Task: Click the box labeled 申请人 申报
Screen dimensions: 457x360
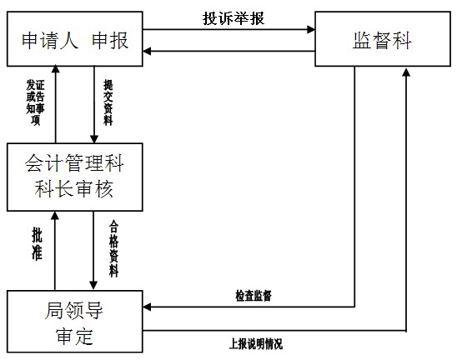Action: pos(75,38)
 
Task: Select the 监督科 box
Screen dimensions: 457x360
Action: pos(383,38)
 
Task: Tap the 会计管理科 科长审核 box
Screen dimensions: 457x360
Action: pos(75,177)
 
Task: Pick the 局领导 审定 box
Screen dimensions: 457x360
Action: pos(75,322)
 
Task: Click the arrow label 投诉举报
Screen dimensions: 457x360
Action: pos(234,18)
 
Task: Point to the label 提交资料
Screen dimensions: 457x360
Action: pos(108,102)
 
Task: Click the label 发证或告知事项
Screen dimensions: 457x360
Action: pos(35,102)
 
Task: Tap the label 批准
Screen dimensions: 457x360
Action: pos(37,244)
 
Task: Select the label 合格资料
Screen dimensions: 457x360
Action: pos(113,248)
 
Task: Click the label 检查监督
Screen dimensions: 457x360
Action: pos(254,296)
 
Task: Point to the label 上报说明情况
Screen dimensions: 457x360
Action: pos(256,344)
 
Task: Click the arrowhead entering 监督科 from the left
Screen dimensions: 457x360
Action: pos(311,29)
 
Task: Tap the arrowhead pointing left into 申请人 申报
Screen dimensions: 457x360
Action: pos(147,52)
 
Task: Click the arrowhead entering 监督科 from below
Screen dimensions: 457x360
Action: pos(406,72)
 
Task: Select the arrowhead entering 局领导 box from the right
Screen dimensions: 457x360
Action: pos(147,307)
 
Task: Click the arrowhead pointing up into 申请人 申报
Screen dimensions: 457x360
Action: pos(55,68)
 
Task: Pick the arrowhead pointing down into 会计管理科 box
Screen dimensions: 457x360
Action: pos(94,139)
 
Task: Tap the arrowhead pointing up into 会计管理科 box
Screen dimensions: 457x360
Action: pos(55,216)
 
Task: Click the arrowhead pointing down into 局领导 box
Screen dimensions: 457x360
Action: pos(93,286)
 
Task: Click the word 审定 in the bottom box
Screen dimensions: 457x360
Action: pos(74,337)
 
